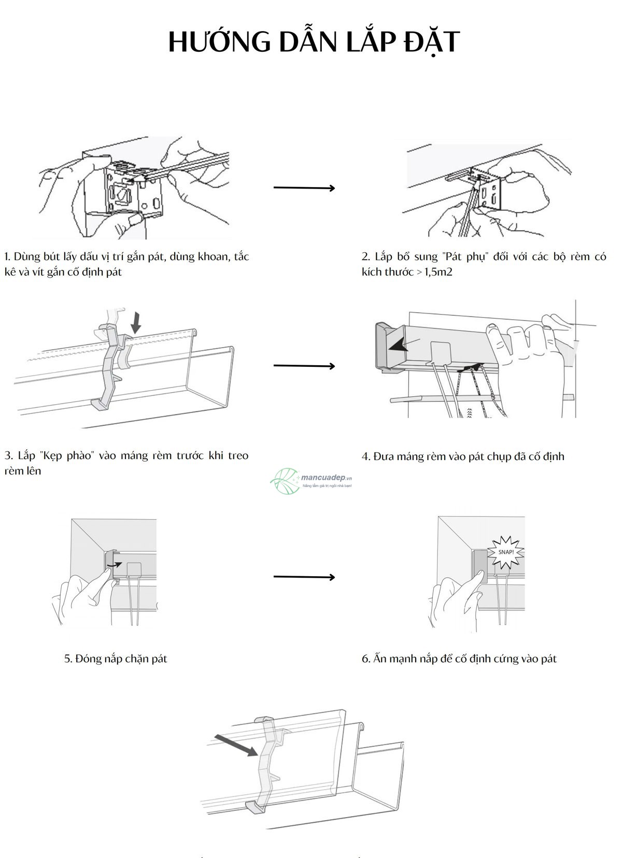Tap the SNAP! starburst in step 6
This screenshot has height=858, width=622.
[x=506, y=551]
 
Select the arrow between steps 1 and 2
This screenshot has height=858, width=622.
[x=304, y=188]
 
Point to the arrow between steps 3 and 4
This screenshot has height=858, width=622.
[x=304, y=366]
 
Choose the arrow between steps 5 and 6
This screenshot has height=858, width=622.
[x=304, y=577]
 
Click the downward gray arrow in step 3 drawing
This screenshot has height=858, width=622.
[x=136, y=322]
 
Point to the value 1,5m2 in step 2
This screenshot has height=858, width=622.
[x=439, y=272]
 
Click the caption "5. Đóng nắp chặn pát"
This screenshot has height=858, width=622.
[x=116, y=659]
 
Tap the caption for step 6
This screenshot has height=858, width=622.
[x=459, y=659]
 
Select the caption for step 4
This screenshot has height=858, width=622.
[x=462, y=456]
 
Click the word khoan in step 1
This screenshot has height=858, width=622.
[x=213, y=256]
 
